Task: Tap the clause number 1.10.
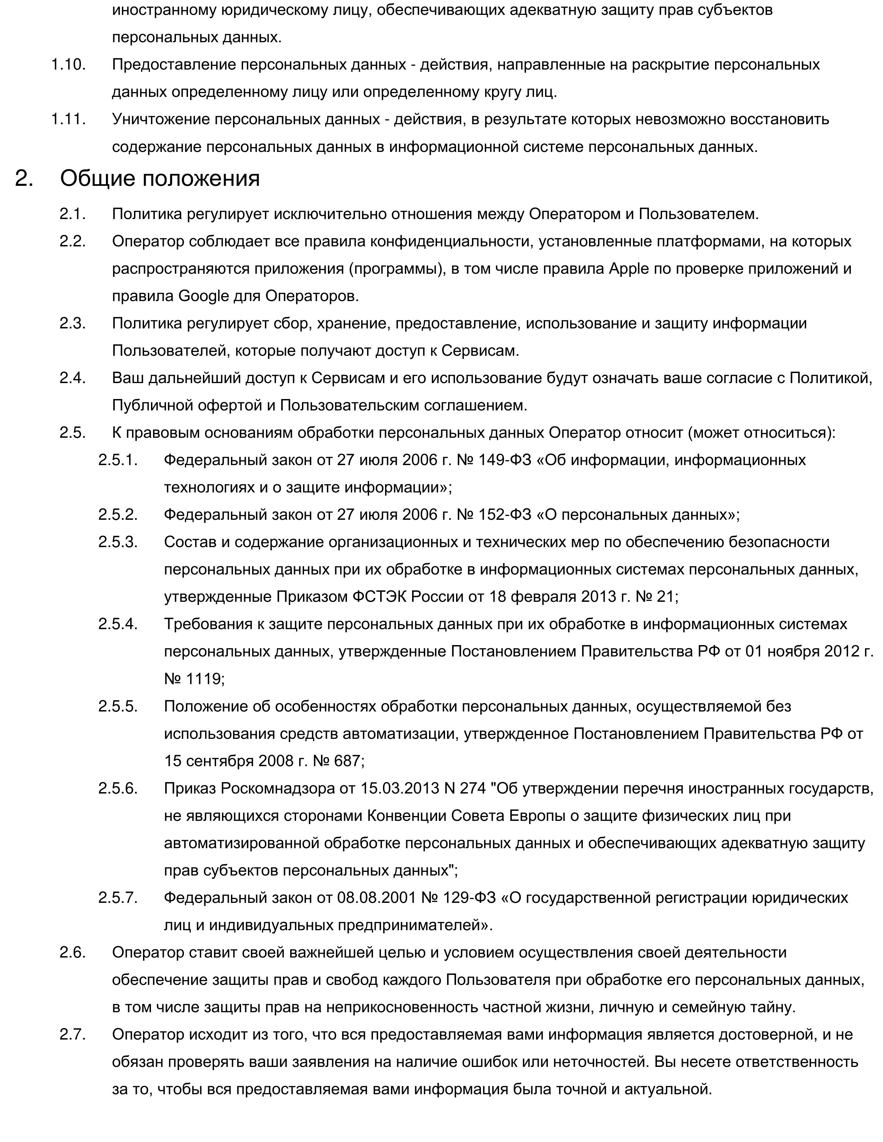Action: (x=68, y=65)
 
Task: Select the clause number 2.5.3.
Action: (x=118, y=542)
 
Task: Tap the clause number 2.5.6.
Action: (x=118, y=788)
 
